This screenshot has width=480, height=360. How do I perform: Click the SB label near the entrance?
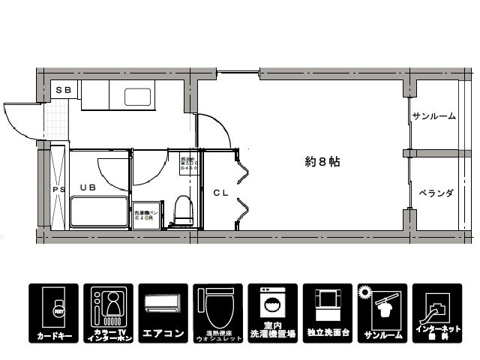coord(64,90)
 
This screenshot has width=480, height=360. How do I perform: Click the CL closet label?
coord(220,193)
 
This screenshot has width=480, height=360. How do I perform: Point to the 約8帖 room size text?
coord(322,161)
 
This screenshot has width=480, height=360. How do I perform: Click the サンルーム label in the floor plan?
coord(433,116)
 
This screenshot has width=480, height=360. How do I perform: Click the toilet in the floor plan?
coord(182,210)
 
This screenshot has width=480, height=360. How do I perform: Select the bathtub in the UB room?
coord(99,213)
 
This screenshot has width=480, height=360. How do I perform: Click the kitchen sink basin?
coord(137,97)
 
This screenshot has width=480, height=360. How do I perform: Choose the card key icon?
coord(54,313)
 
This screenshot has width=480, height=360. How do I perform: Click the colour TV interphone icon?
coord(109,313)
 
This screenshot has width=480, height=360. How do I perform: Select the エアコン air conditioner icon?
coord(163,313)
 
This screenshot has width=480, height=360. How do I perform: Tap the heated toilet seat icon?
coord(217,313)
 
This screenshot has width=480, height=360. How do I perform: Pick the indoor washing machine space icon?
coord(272,313)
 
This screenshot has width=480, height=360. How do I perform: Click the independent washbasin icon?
coord(327,313)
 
